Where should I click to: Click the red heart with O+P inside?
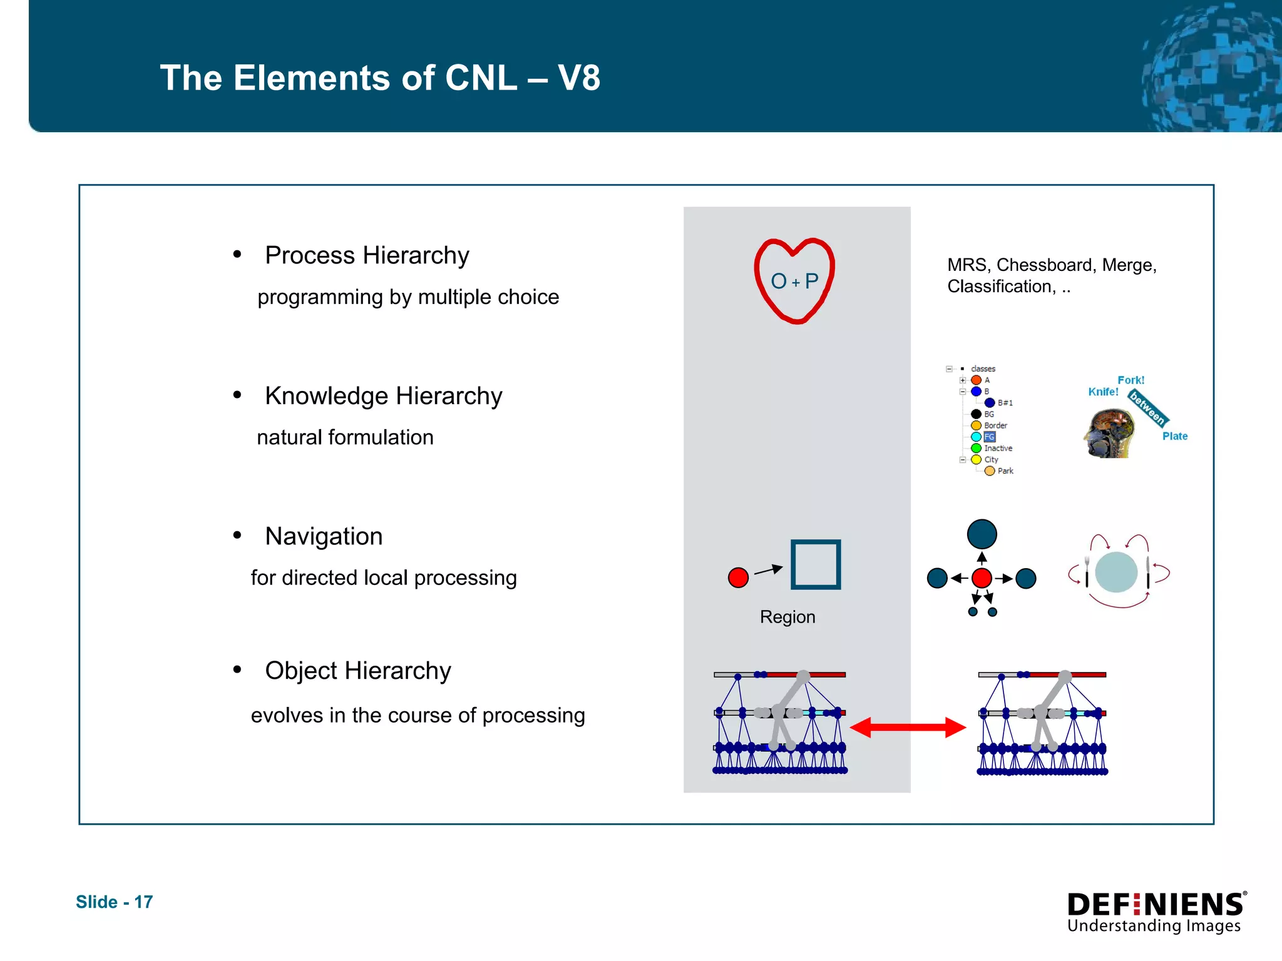tap(794, 281)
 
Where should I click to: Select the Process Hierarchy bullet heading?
tap(367, 255)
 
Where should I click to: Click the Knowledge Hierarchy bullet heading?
tap(383, 396)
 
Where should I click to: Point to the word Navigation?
tap(324, 536)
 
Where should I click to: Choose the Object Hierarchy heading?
tap(357, 671)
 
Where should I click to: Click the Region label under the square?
tap(787, 617)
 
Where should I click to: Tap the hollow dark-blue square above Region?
tap(815, 564)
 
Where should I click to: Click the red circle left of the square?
tap(738, 577)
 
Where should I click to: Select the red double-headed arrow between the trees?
tap(908, 728)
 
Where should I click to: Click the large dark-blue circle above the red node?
tap(982, 534)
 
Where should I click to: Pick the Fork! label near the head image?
tap(1131, 380)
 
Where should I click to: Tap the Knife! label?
tap(1103, 392)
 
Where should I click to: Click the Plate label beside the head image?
tap(1174, 436)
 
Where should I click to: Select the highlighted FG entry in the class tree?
tap(989, 437)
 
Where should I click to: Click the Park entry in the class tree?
tap(1005, 471)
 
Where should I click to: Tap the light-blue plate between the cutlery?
tap(1116, 572)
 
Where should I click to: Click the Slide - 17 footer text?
tap(114, 902)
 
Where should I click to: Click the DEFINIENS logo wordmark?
tap(1155, 905)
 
